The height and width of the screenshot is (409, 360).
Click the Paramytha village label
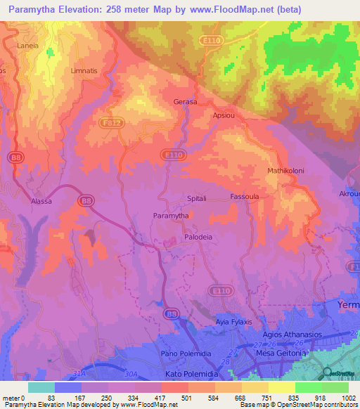pos(170,216)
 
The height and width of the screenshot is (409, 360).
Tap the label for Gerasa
pos(185,102)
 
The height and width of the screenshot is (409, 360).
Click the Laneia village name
pos(27,46)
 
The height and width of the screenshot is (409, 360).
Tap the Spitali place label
pos(196,199)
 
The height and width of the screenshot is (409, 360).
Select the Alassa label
pos(41,201)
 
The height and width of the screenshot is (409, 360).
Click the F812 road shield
pos(120,122)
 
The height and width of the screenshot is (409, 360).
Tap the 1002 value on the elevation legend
pos(347,398)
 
